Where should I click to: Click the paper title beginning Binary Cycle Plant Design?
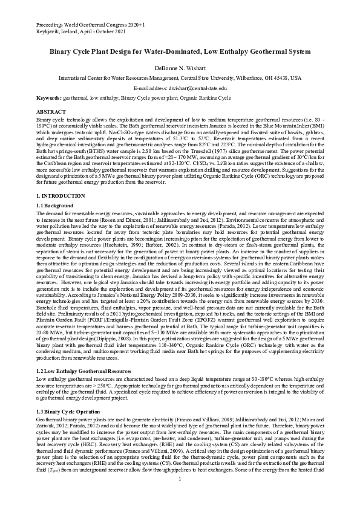click(180, 53)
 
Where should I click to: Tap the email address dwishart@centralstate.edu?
click(198, 88)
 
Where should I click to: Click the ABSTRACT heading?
click(51, 112)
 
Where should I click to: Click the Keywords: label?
click(49, 97)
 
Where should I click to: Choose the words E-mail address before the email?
click(149, 88)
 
